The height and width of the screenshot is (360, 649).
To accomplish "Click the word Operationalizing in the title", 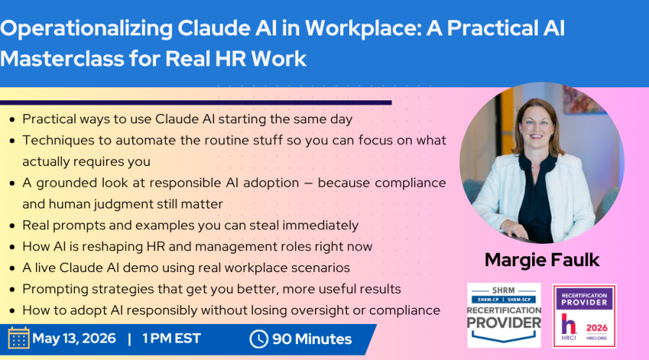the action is point(86,29).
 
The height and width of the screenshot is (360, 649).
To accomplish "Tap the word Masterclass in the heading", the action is point(62,58).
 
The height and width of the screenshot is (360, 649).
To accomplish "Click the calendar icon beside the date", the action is point(19,338).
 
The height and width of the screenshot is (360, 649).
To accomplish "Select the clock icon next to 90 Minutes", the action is point(259,339).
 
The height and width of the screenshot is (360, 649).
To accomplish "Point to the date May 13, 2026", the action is point(74,338).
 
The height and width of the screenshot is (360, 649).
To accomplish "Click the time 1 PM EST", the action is point(172,338).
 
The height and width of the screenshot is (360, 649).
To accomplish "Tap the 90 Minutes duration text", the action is point(312,339).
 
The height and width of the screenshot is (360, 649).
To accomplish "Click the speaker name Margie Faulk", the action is point(542,260).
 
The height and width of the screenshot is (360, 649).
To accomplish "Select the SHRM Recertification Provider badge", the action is point(504,315).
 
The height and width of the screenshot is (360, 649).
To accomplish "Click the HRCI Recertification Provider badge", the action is point(584,316).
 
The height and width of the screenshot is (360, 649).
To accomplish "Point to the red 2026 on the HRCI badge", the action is point(596,328).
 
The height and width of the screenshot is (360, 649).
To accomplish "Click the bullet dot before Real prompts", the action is point(12,227).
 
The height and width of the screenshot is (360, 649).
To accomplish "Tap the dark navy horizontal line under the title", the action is point(195,102).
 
